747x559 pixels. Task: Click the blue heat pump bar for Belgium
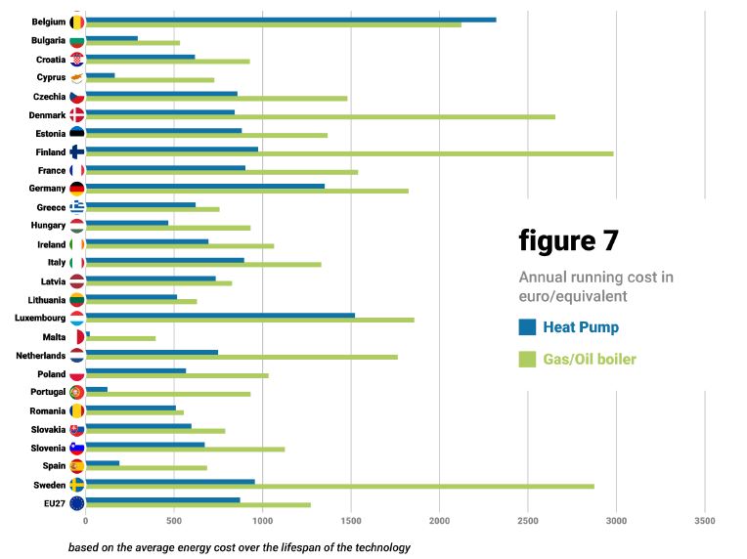point(290,20)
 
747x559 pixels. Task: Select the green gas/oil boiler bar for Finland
point(349,153)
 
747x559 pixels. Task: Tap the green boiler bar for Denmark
point(320,116)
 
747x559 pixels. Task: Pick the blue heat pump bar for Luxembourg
point(220,316)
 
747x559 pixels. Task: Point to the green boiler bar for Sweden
point(339,486)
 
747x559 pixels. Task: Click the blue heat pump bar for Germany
point(205,187)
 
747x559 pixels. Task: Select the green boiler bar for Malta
point(120,338)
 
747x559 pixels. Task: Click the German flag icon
point(76,189)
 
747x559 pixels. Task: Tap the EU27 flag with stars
point(76,503)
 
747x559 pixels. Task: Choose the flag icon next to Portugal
point(76,392)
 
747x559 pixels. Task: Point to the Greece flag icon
point(76,207)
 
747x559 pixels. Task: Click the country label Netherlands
point(40,356)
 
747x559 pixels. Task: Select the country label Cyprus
point(51,77)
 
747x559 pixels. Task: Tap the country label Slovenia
point(48,448)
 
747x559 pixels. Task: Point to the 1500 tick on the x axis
point(351,521)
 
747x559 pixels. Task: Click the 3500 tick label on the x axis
point(705,521)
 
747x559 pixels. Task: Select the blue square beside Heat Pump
point(527,327)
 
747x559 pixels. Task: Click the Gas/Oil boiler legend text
point(590,359)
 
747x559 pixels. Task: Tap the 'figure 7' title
point(569,241)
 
